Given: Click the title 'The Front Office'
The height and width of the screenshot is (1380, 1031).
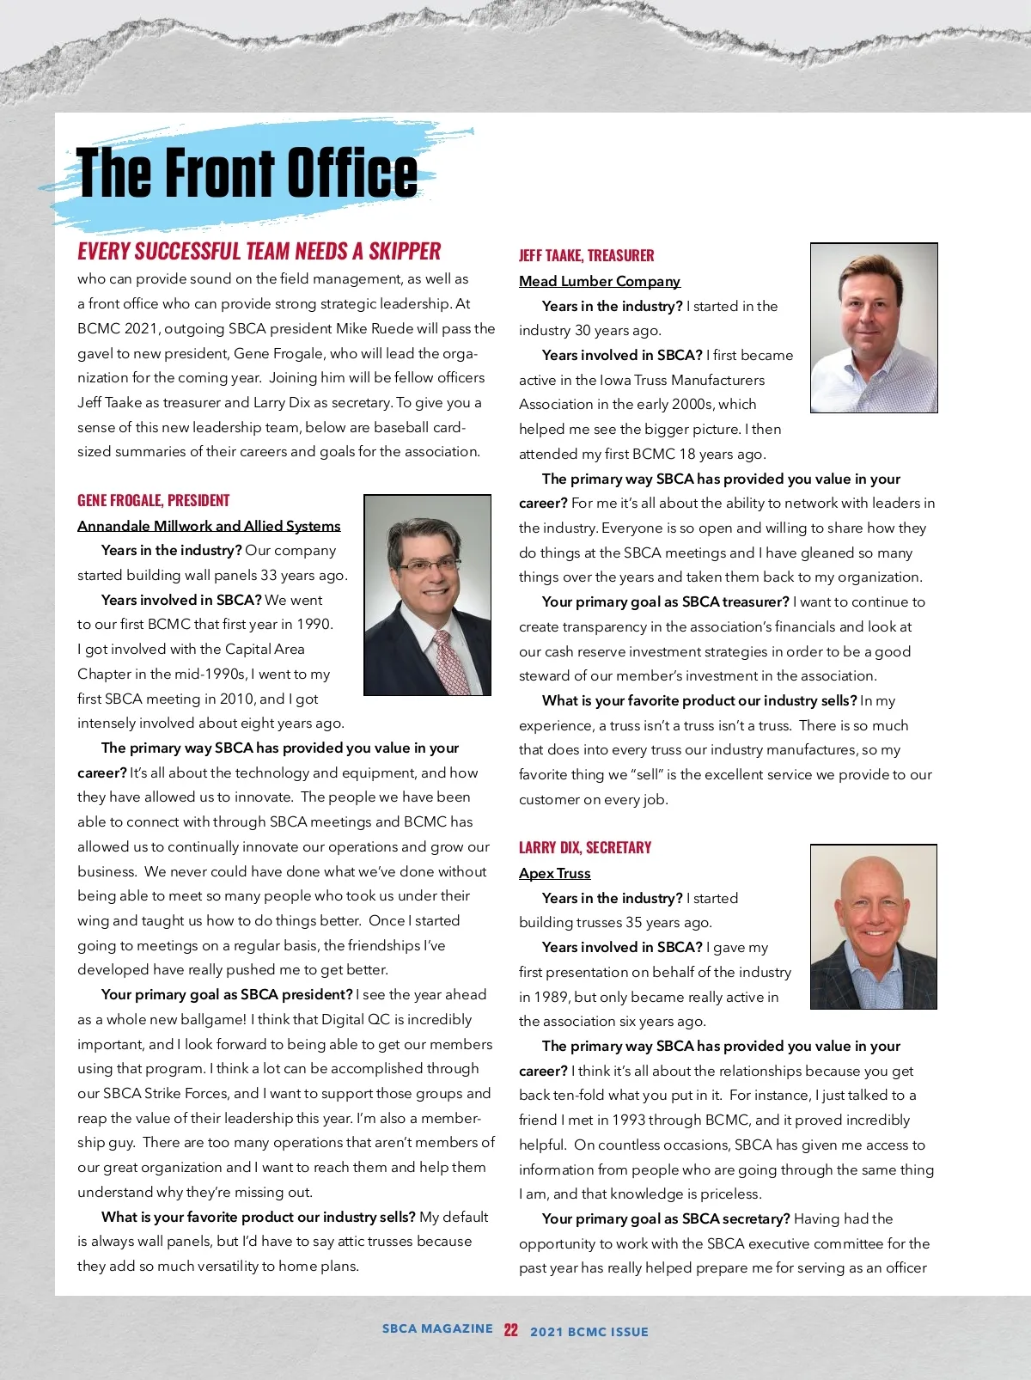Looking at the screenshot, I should (x=247, y=172).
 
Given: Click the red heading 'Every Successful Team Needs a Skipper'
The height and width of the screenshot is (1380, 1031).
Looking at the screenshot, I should (x=259, y=251).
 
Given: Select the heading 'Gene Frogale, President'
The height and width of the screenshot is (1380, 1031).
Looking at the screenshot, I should (x=153, y=500).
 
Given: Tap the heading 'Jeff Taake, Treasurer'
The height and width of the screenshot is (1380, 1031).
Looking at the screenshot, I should (x=586, y=255).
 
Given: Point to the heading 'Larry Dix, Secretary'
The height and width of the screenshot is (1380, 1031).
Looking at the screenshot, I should (x=585, y=847).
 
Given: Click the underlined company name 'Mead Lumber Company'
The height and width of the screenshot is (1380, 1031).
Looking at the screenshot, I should (x=599, y=281).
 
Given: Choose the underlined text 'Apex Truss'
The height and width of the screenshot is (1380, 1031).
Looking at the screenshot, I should (x=554, y=873).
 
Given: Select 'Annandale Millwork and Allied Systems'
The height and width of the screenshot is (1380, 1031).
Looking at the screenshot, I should (x=209, y=526).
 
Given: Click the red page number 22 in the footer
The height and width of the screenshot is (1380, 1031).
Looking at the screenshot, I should (x=511, y=1330).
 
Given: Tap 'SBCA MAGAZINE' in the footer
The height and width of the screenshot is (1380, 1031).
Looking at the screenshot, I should (x=437, y=1328).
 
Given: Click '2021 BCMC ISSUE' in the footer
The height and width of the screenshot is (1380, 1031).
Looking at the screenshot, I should (x=589, y=1332).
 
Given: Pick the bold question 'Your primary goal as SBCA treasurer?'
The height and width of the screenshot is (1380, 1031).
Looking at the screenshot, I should (x=665, y=601).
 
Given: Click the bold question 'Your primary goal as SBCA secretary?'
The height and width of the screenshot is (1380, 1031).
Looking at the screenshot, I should (x=666, y=1218).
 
